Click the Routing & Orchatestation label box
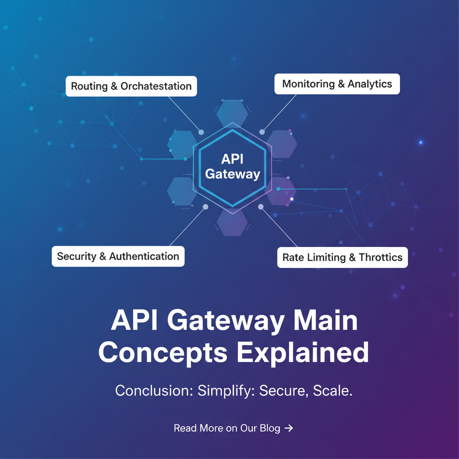coord(131,86)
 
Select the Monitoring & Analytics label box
coord(337,84)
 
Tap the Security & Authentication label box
coord(118,256)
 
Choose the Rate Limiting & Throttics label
coord(342,257)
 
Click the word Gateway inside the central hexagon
coord(232,174)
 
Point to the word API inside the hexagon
coord(232,160)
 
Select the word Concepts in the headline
coord(162,352)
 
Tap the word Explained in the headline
coord(303,352)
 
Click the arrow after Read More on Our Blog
coord(289,428)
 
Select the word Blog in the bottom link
coord(270,428)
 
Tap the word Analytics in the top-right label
coord(370,84)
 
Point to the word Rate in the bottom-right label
coord(293,257)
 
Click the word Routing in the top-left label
coord(89,86)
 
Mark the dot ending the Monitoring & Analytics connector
coord(262,132)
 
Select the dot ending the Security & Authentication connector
coord(205,207)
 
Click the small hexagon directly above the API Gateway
coord(232,113)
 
